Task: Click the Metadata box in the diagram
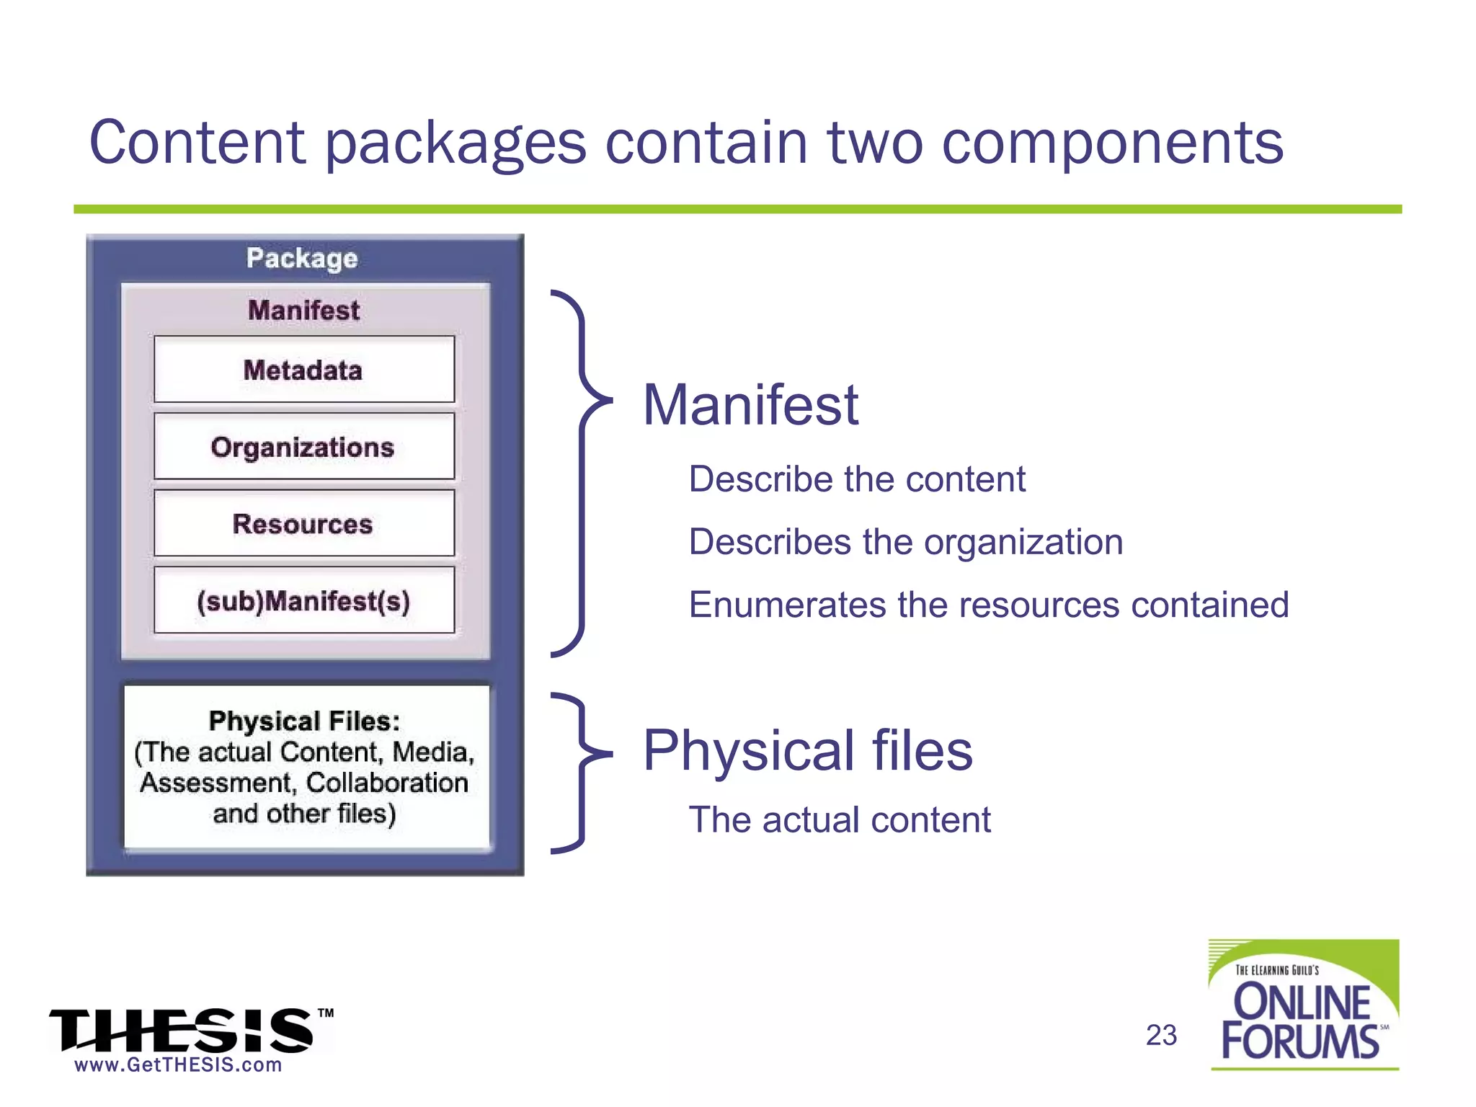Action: (x=303, y=370)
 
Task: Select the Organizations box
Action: (x=303, y=447)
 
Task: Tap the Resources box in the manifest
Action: (x=303, y=524)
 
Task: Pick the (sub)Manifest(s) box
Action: (x=303, y=600)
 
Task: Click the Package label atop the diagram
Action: (x=302, y=258)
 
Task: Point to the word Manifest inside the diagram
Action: (x=303, y=311)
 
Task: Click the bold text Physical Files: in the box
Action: (x=304, y=721)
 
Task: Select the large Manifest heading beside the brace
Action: (x=750, y=405)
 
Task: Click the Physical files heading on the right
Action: (x=807, y=750)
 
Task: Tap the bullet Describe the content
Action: (x=856, y=479)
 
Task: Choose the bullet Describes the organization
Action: (x=905, y=542)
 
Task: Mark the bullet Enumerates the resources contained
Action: (x=988, y=605)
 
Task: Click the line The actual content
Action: (x=839, y=820)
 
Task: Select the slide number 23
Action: (x=1161, y=1036)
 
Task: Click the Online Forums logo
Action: (x=1303, y=1005)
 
